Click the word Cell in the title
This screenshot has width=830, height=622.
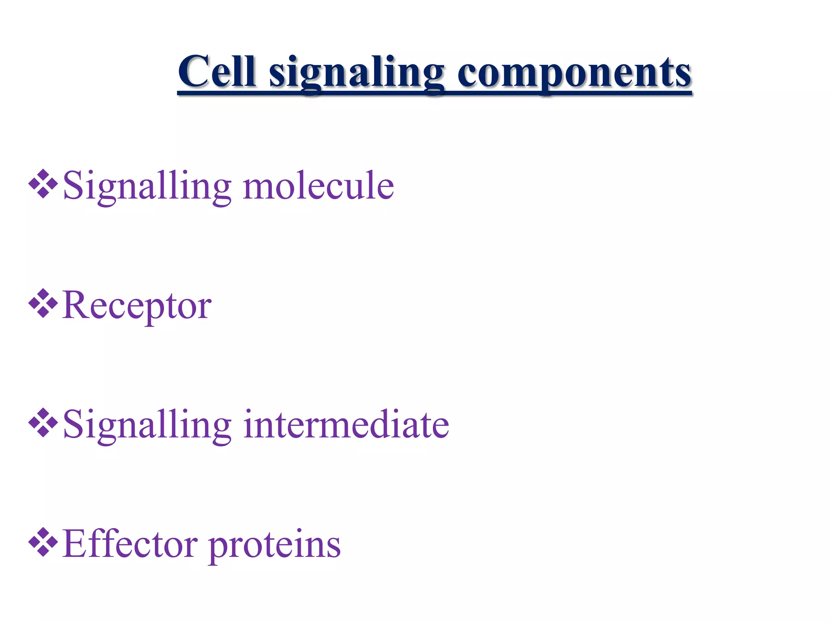217,72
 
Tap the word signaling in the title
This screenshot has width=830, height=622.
357,73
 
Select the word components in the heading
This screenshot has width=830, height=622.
574,73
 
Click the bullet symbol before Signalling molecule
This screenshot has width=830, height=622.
43,184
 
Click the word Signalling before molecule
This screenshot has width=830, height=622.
147,186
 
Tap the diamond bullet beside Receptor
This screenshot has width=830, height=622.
43,303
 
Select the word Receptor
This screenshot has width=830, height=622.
137,306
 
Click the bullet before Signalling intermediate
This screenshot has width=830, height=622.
43,423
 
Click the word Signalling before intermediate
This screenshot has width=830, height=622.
147,425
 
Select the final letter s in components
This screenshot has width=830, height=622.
684,75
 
